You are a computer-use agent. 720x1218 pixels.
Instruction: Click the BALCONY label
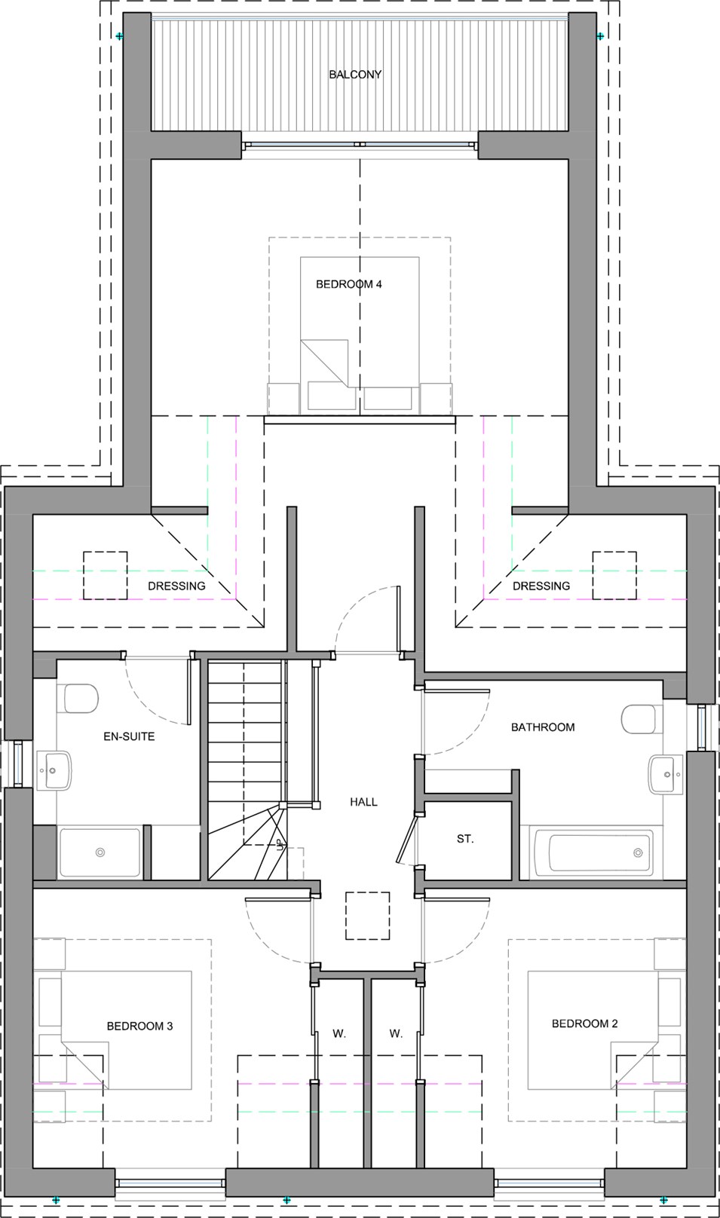pos(355,75)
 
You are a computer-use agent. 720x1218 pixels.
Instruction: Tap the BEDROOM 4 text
pos(348,284)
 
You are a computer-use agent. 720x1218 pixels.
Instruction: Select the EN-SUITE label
pos(129,736)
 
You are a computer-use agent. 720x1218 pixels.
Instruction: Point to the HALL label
pos(363,802)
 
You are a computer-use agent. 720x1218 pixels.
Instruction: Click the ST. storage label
pos(465,839)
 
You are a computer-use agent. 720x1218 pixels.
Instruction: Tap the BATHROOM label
pos(543,727)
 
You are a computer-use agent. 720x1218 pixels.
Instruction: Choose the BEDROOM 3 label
pos(139,1027)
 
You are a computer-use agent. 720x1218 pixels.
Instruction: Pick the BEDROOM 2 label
pos(584,1024)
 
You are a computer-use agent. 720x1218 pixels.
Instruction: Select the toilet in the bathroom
pos(642,719)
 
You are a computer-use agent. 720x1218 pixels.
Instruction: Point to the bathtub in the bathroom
pos(599,852)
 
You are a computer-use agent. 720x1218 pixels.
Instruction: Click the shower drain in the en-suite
pos(100,852)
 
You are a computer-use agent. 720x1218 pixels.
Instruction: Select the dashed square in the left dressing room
pos(106,575)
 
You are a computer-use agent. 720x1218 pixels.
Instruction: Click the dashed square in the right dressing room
pos(614,575)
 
